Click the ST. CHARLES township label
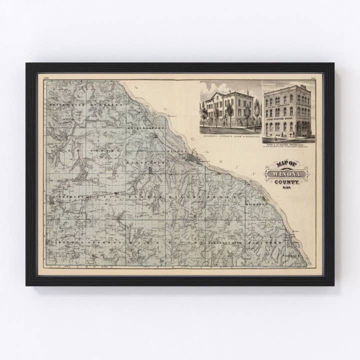click(65, 198)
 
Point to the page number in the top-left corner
click(46, 77)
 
